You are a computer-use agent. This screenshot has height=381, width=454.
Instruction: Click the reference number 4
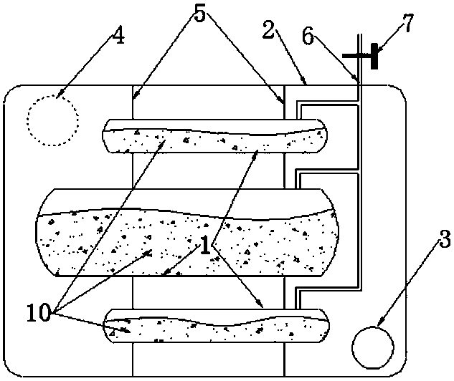coord(119,35)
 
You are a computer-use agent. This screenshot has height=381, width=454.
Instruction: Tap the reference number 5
coord(200,14)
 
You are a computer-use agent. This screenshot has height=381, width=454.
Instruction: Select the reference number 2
coord(268,29)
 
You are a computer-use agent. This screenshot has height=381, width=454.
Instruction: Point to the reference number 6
coord(308,37)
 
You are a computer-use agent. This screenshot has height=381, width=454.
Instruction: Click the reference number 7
coord(407,23)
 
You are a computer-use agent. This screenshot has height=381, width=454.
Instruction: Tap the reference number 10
coord(39,313)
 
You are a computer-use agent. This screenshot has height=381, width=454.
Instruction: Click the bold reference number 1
coord(205,244)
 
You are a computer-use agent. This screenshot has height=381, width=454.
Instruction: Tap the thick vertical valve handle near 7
coord(374,56)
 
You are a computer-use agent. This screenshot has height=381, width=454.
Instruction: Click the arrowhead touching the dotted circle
coord(60,94)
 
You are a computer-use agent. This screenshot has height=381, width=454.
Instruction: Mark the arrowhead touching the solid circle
coord(380,322)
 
